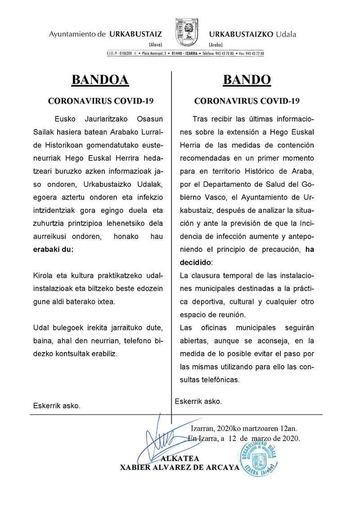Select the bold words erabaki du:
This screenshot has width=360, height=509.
(53, 250)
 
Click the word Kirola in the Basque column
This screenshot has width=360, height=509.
(43, 275)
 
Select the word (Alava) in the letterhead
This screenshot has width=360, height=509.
(155, 45)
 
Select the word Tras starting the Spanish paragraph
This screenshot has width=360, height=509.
(201, 119)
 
